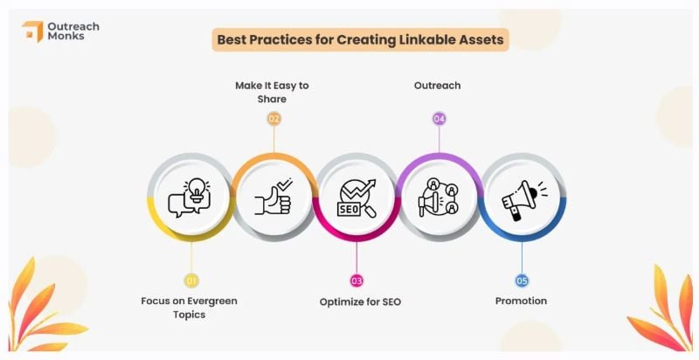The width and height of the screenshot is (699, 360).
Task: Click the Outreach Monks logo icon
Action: click(x=32, y=31)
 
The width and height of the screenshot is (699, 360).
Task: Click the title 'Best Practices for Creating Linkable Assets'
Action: click(x=360, y=39)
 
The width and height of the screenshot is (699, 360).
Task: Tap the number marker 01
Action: click(x=190, y=280)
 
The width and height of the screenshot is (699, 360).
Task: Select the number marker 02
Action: click(x=273, y=118)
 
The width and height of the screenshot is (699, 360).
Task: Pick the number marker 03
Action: click(x=356, y=280)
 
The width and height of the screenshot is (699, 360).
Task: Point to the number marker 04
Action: click(x=439, y=118)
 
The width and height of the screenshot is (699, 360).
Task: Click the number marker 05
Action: click(x=522, y=280)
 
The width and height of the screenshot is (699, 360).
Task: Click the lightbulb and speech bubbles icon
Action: click(x=190, y=197)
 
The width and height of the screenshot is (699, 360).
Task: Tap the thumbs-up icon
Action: click(x=273, y=197)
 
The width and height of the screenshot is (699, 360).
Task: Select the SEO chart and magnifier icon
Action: click(x=356, y=197)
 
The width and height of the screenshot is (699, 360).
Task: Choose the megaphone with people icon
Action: click(x=439, y=197)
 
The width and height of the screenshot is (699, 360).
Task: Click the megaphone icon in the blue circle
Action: click(x=522, y=197)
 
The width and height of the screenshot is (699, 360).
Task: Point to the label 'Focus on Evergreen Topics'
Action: click(x=190, y=307)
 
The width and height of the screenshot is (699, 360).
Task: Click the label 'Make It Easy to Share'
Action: click(x=272, y=92)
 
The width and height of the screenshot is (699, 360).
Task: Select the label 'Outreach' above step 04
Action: click(x=437, y=86)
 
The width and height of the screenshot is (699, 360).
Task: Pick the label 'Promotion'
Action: click(x=521, y=301)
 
